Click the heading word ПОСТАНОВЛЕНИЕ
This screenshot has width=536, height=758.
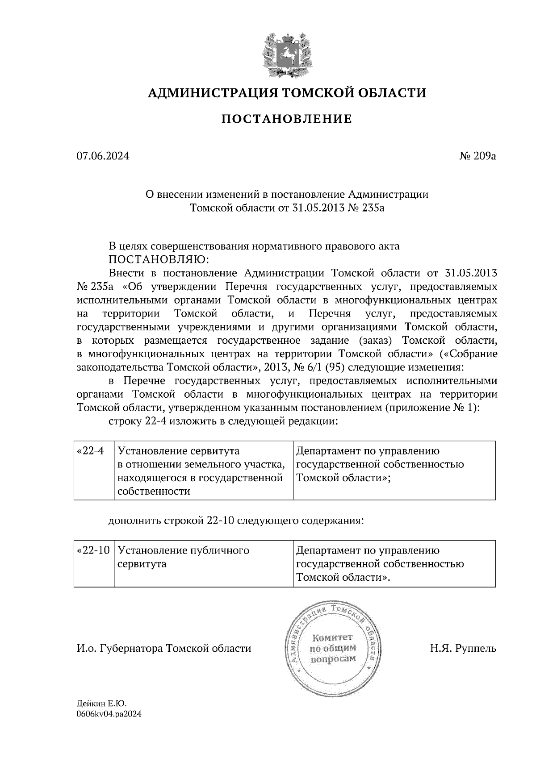pyautogui.click(x=286, y=119)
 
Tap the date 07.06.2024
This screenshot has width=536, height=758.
pyautogui.click(x=103, y=156)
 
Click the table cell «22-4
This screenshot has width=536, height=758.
pyautogui.click(x=91, y=451)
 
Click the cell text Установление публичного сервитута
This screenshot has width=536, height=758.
pyautogui.click(x=183, y=557)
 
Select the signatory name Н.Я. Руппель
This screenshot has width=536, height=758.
pyautogui.click(x=463, y=648)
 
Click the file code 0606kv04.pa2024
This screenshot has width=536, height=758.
pyautogui.click(x=109, y=714)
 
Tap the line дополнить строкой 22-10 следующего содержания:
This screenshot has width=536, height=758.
pyautogui.click(x=236, y=521)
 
